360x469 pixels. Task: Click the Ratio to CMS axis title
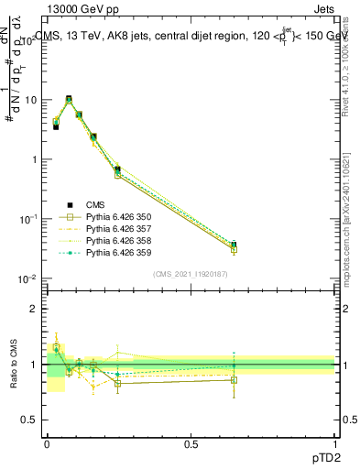[13, 365]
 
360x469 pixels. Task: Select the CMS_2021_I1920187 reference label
[191, 274]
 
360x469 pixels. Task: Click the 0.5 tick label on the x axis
[191, 443]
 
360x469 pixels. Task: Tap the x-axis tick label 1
[334, 443]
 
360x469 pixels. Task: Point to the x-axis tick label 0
[47, 443]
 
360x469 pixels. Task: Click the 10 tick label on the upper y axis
[31, 99]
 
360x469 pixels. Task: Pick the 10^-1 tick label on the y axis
[29, 219]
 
